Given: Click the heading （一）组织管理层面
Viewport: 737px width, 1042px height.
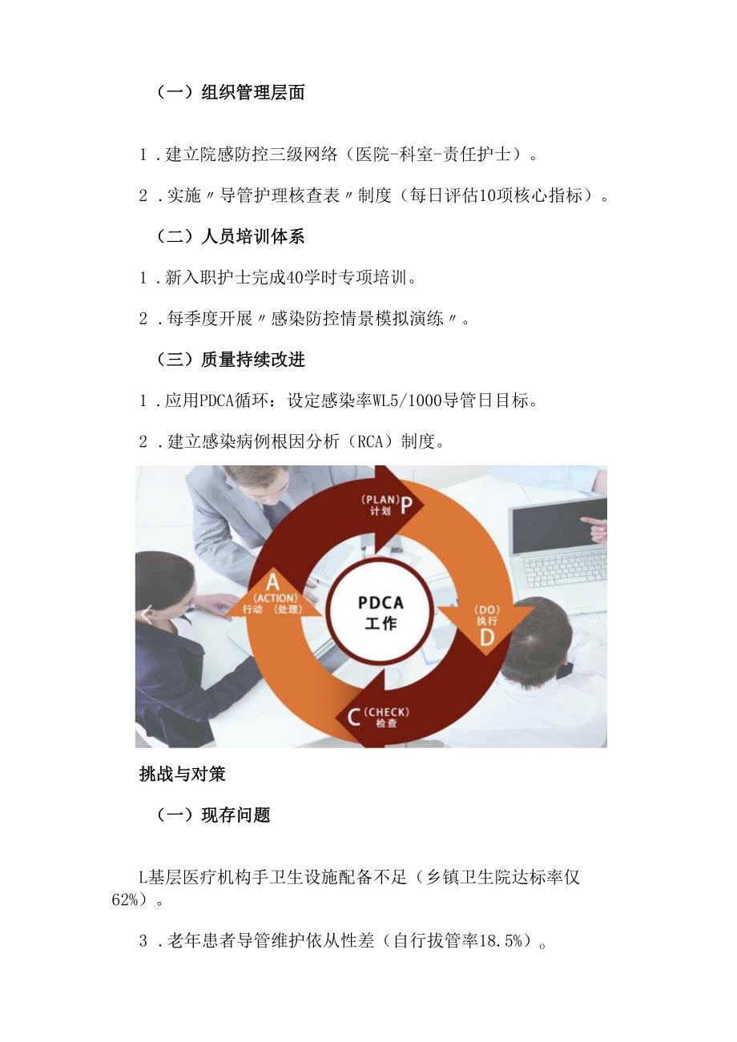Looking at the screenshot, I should click(x=231, y=93).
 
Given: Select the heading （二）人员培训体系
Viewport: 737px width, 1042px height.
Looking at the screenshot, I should click(x=231, y=237).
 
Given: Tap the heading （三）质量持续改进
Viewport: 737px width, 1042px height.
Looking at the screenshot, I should click(x=231, y=360).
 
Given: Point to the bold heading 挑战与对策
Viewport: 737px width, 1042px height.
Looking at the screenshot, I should click(x=182, y=774).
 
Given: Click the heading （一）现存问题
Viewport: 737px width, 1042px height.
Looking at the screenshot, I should click(x=213, y=815).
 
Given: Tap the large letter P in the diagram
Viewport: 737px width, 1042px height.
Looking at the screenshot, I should click(x=406, y=505).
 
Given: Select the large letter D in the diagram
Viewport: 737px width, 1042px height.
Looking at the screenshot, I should click(x=486, y=638).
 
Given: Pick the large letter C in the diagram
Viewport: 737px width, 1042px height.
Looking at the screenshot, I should click(x=353, y=716).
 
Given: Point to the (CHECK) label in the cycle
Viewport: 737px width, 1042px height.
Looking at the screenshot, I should click(x=386, y=711).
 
